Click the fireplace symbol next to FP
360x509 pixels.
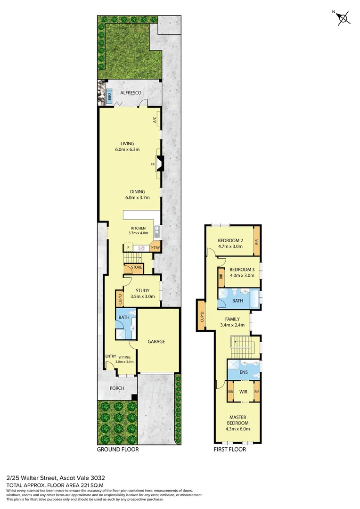pos(159,164)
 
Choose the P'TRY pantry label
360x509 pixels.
pos(155,247)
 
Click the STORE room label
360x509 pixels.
pos(137,268)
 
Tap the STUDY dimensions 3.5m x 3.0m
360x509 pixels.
pos(142,296)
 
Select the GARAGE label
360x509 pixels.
pos(156,341)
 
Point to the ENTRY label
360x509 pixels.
pos(111,356)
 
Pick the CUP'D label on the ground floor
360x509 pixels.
pos(120,298)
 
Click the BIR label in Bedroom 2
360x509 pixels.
pos(257,241)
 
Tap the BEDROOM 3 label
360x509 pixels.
pos(242,270)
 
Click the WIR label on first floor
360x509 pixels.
pos(244,392)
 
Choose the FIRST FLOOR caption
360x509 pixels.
pos(230,449)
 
